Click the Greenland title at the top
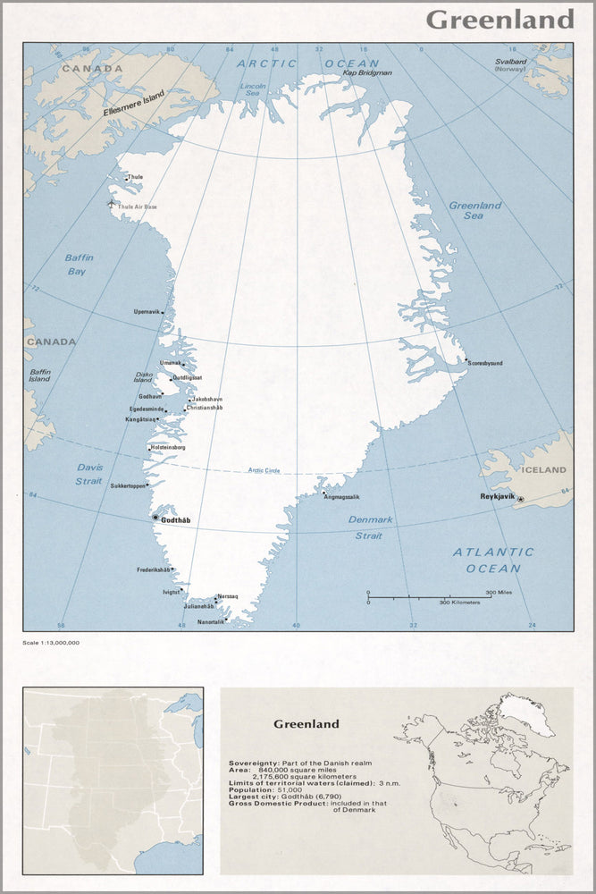click(x=499, y=20)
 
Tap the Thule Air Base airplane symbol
click(x=111, y=203)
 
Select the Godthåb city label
click(x=176, y=520)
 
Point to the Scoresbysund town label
click(x=485, y=363)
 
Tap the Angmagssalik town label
click(x=342, y=496)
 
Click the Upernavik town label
click(x=147, y=311)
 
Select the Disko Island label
click(x=143, y=378)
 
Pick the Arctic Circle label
click(x=264, y=470)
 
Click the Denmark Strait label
click(x=370, y=527)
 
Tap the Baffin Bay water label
click(x=79, y=265)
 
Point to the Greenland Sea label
click(x=474, y=210)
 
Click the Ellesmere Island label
click(x=139, y=102)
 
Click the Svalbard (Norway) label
click(x=511, y=65)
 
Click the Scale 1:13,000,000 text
click(x=52, y=643)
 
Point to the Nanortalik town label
click(x=211, y=621)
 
